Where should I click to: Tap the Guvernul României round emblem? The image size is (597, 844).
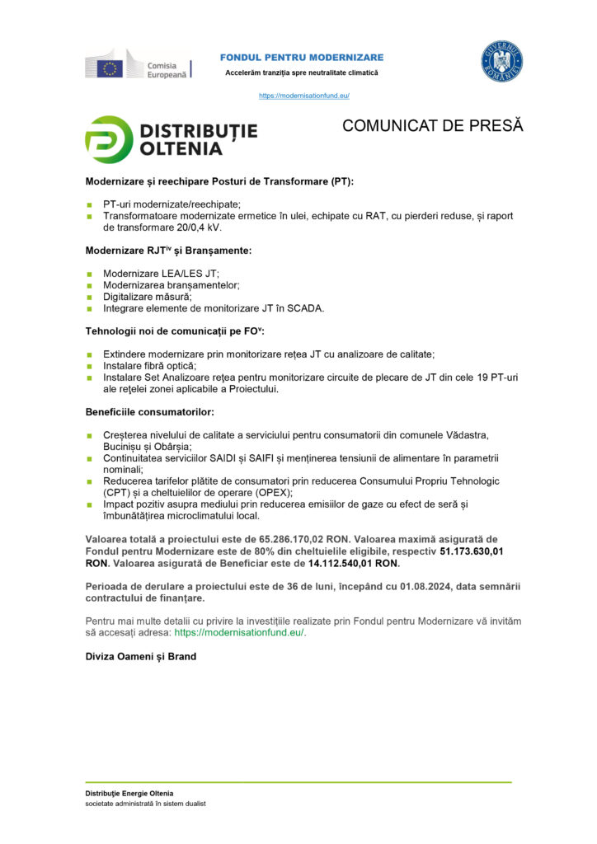click(x=501, y=62)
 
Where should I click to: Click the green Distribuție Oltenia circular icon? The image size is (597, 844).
click(x=109, y=139)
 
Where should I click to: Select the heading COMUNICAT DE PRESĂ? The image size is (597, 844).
click(x=432, y=126)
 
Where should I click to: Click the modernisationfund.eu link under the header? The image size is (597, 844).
click(x=303, y=96)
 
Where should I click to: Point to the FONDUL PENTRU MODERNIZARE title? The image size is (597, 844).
click(x=301, y=57)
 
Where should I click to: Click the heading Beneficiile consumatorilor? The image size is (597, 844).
click(x=149, y=411)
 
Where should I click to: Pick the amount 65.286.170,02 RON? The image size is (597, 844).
click(x=300, y=540)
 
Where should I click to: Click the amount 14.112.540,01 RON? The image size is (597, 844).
click(x=353, y=564)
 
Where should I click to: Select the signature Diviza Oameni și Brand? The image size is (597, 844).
click(x=140, y=657)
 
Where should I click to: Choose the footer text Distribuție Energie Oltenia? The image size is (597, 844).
click(x=129, y=793)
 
